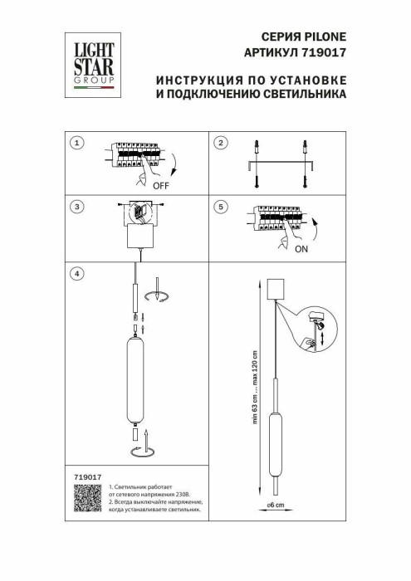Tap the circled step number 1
point(77,144)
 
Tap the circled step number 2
point(220,144)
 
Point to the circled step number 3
point(77,207)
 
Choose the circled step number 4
point(77,273)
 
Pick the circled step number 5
point(220,207)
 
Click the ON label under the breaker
point(301,247)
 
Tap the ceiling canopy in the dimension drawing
point(275,290)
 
